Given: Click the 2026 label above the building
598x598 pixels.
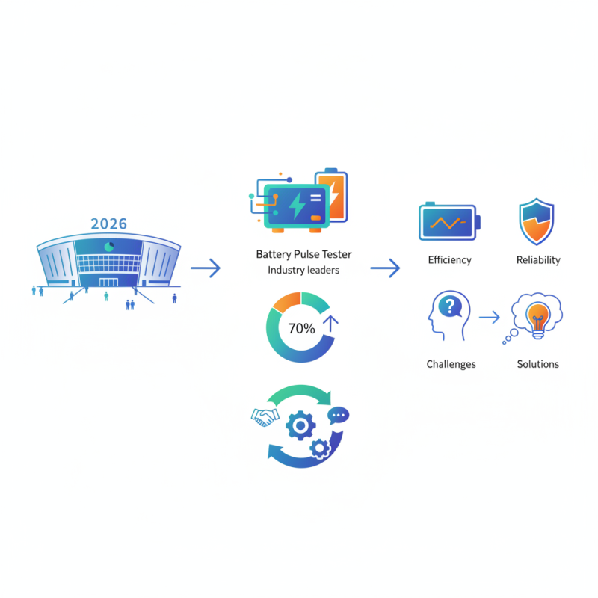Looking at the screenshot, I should click(x=108, y=224).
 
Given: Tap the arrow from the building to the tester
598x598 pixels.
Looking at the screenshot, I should click(x=205, y=268).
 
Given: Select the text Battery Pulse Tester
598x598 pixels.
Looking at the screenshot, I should click(x=303, y=254).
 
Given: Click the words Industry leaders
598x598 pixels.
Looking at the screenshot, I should click(x=303, y=270).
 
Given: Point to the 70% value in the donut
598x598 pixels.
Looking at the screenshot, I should click(x=301, y=327).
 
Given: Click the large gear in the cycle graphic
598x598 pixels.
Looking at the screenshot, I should click(x=300, y=425).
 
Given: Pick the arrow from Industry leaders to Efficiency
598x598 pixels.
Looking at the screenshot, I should click(x=385, y=268).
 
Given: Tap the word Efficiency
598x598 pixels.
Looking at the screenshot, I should click(x=449, y=260).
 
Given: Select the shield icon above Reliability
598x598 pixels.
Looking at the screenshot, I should click(x=537, y=223).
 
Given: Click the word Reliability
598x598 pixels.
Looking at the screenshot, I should click(x=538, y=260).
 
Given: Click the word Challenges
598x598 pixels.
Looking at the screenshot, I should click(x=451, y=364).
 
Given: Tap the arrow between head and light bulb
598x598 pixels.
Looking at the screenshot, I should click(x=489, y=318).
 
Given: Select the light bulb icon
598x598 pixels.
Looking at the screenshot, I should click(x=537, y=316).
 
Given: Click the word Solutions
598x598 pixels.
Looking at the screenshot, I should click(x=537, y=364).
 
